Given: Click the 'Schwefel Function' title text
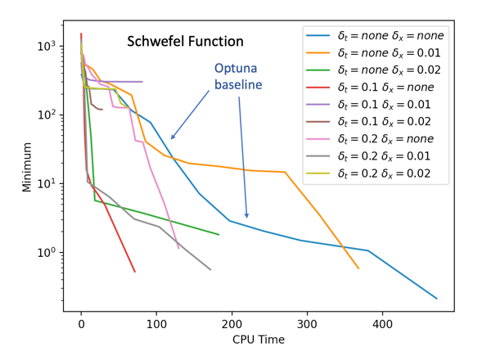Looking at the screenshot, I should tap(184, 41).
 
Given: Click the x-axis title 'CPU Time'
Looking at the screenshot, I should tap(259, 340).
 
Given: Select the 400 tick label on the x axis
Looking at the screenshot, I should tap(382, 324).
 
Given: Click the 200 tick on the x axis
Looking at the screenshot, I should tap(232, 324).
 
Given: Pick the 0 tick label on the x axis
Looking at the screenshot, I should tap(81, 324).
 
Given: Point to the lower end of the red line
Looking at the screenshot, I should tap(134, 272).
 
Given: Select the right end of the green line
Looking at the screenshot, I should tap(218, 235).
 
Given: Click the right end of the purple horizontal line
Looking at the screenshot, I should tap(142, 82).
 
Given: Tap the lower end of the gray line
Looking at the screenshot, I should tap(210, 270).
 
